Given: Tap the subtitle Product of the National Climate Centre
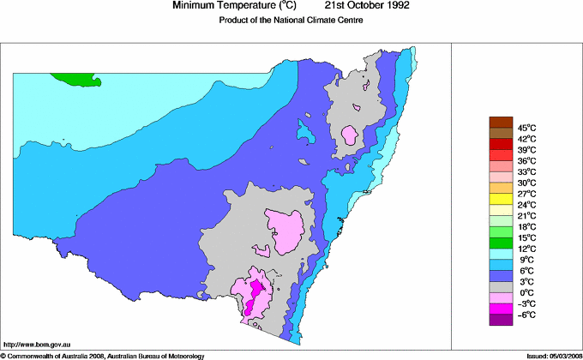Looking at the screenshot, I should (x=292, y=20).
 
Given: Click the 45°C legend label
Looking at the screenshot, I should (x=526, y=127).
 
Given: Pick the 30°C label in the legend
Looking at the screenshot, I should (x=526, y=183).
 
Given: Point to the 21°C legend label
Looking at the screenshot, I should (x=526, y=216).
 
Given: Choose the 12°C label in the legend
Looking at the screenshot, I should (x=526, y=249).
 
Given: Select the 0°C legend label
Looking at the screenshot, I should (x=526, y=293).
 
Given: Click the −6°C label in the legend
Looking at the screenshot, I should (x=526, y=315).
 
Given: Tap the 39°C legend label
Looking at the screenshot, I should (x=526, y=149).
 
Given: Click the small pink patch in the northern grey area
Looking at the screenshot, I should (x=349, y=134).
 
